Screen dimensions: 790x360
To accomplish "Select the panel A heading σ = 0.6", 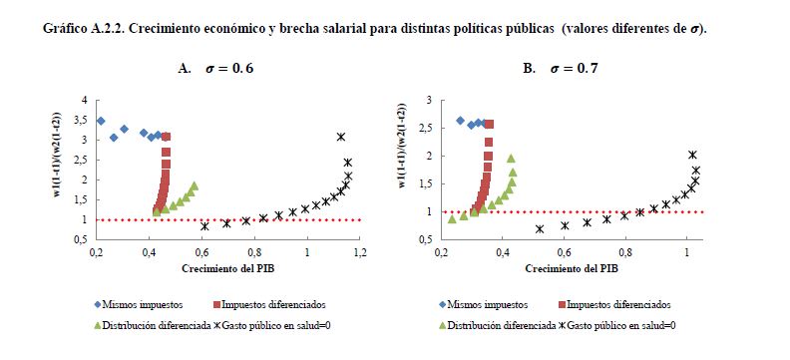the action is [x=229, y=69].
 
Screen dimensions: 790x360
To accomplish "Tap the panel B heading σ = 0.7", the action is [x=574, y=69].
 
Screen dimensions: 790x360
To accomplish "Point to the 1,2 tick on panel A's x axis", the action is [x=360, y=252].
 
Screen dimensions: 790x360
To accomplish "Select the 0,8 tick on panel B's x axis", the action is [x=625, y=252].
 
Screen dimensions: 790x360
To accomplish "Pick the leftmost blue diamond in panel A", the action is [x=101, y=121].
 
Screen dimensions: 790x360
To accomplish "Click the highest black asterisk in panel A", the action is [x=341, y=137].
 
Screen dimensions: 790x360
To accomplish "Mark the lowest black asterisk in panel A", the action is [x=204, y=226].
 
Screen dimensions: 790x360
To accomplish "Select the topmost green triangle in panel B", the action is [x=511, y=159].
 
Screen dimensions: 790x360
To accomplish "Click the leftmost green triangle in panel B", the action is [x=452, y=218].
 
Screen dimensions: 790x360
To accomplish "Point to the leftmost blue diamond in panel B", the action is [x=460, y=121].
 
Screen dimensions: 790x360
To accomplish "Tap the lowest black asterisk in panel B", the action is [x=540, y=229].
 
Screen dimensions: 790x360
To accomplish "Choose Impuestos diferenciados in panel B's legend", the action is [x=618, y=304].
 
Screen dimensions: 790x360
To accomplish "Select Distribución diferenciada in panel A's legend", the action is [x=157, y=326].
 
